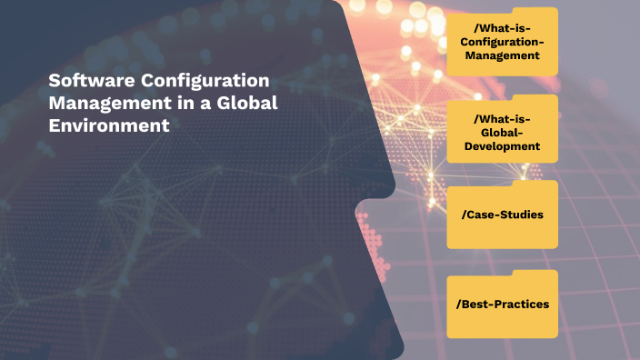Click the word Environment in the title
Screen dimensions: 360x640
click(109, 126)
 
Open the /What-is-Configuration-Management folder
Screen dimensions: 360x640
click(502, 45)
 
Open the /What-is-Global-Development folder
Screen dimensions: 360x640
click(502, 132)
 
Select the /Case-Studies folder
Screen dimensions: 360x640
click(502, 215)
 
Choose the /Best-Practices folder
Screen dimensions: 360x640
click(502, 305)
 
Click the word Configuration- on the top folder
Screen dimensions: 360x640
click(503, 42)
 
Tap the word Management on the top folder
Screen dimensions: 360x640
click(503, 55)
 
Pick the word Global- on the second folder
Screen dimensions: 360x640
click(502, 132)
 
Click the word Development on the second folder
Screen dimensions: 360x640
click(502, 145)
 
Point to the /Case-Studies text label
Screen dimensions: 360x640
click(502, 215)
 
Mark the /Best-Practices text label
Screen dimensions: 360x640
click(502, 304)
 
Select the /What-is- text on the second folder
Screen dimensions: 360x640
click(502, 118)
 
